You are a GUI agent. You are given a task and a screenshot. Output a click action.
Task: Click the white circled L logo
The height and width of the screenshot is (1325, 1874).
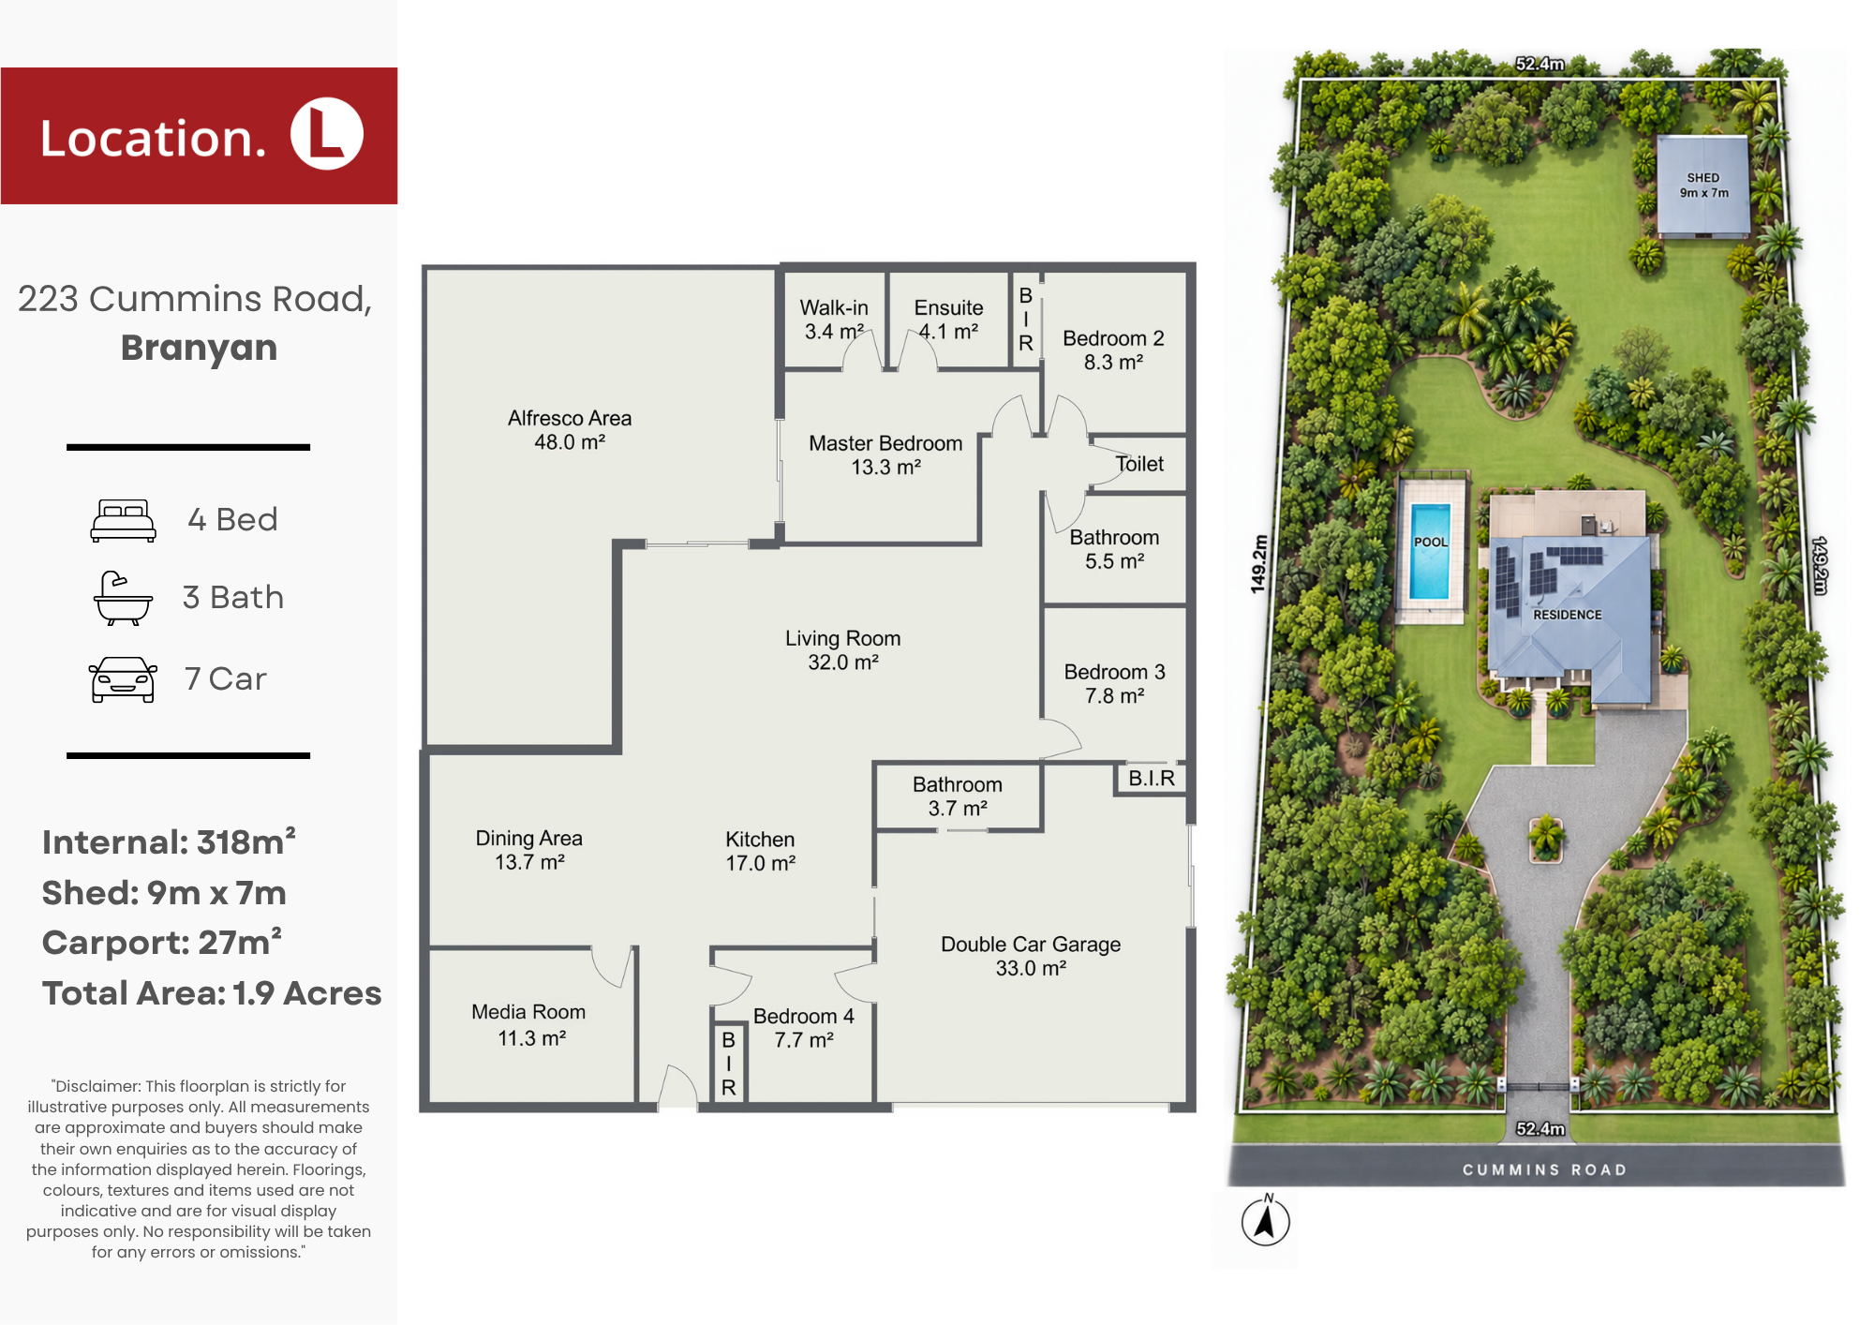327,134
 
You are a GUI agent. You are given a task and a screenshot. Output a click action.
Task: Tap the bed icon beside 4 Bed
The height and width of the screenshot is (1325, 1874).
123,521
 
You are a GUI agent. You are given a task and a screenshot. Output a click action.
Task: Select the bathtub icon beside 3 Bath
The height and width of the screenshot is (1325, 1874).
123,598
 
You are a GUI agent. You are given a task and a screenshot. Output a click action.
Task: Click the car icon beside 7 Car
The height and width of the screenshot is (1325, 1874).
123,679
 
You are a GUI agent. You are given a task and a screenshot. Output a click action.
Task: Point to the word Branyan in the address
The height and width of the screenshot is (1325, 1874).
199,349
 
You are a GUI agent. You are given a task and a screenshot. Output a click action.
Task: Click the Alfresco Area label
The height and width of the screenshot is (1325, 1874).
570,430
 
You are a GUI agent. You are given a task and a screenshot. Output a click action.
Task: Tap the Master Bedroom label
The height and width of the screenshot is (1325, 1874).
885,455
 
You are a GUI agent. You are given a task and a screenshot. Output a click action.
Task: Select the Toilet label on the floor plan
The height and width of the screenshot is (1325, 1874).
1139,464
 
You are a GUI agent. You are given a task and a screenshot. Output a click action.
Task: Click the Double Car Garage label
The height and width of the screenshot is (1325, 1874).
1031,956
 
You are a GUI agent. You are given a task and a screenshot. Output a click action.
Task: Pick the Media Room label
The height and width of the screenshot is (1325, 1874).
528,1024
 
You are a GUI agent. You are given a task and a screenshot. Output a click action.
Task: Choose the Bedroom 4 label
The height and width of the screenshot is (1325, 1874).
804,1028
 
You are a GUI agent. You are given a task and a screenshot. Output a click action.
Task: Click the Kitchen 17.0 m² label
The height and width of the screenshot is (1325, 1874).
760,851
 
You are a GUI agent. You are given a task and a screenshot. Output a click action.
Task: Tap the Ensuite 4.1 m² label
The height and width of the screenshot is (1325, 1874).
948,320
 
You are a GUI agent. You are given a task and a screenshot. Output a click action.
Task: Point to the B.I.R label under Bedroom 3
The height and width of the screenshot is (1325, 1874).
1152,779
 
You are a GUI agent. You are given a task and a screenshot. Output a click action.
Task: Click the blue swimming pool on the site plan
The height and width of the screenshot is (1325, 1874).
1430,551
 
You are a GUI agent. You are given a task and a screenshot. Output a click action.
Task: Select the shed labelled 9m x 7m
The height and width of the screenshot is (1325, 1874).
1703,186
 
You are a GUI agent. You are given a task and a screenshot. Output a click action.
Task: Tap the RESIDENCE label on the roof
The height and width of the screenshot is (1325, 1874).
1568,615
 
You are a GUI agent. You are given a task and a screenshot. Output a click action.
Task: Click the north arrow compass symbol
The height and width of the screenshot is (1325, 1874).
1266,1221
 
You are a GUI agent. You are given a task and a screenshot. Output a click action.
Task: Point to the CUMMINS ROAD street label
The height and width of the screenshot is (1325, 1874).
1544,1169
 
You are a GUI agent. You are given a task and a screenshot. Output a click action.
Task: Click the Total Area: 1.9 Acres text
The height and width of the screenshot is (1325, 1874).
212,993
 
